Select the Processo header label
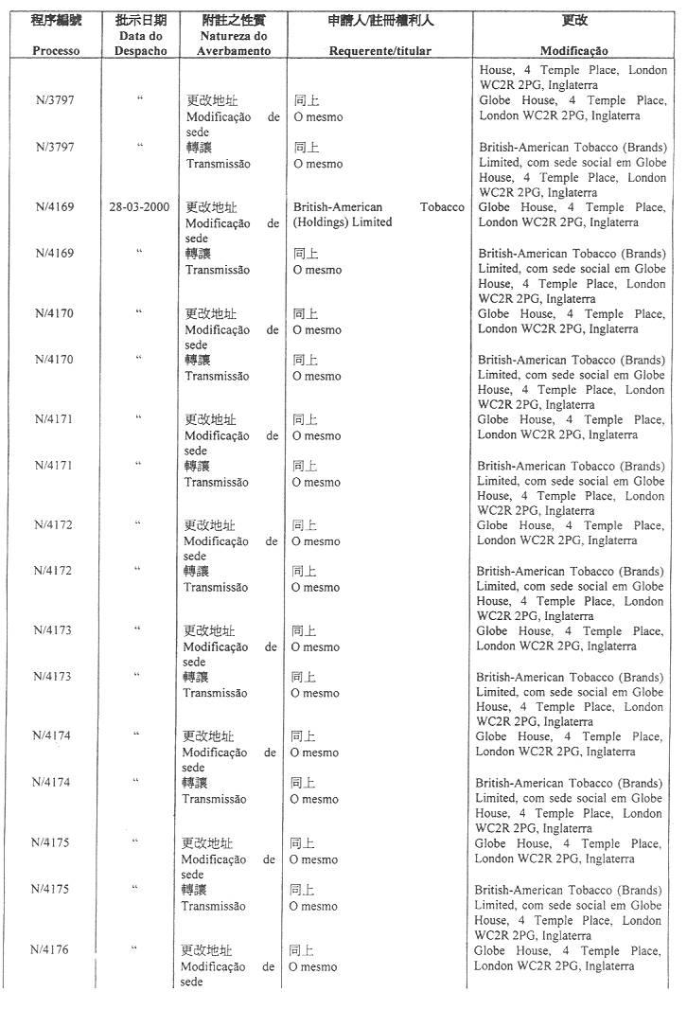point(56,51)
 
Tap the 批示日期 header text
point(140,20)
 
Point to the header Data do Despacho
point(140,44)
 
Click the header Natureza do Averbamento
point(233,44)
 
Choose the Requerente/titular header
point(379,51)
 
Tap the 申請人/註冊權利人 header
point(379,20)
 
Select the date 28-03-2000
point(140,207)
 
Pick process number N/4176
point(49,949)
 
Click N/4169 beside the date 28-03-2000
point(55,207)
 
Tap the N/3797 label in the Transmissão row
point(55,147)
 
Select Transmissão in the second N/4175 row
point(214,906)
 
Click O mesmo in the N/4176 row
point(312,966)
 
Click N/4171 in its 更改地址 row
point(53,419)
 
